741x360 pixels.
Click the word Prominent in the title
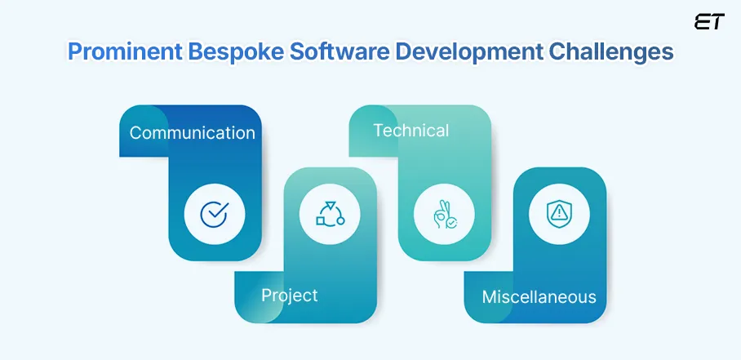pos(123,51)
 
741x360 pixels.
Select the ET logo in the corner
pos(708,22)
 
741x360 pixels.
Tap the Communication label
pos(192,132)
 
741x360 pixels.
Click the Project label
pos(289,295)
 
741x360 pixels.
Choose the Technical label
pos(410,130)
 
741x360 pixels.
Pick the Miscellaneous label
pos(539,296)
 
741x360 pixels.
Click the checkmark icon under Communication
pos(213,215)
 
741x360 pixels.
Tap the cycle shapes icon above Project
pos(328,214)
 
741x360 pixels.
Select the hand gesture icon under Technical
pos(444,215)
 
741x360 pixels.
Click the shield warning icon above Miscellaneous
pos(559,214)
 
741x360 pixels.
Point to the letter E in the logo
pos(702,22)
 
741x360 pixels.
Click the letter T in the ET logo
pos(716,22)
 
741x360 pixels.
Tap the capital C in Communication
pos(135,132)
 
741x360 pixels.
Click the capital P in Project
pos(266,295)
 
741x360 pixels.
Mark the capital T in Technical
pos(378,130)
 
